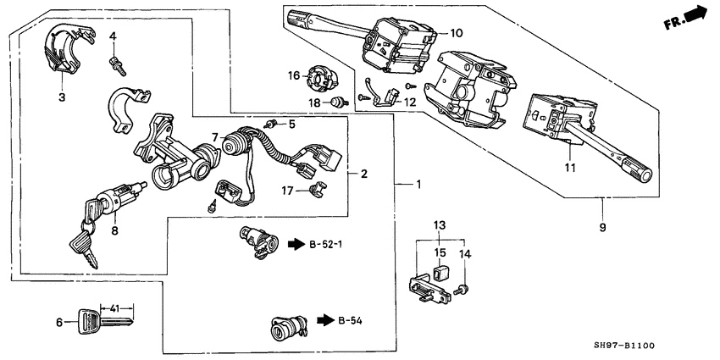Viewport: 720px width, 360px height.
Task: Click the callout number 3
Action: click(x=61, y=98)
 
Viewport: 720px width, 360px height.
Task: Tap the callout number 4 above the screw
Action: click(x=113, y=36)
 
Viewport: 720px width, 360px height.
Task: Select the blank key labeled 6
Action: click(x=103, y=322)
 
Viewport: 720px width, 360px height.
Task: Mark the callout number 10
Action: click(x=456, y=34)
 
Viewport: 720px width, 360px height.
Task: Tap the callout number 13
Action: click(x=439, y=224)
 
